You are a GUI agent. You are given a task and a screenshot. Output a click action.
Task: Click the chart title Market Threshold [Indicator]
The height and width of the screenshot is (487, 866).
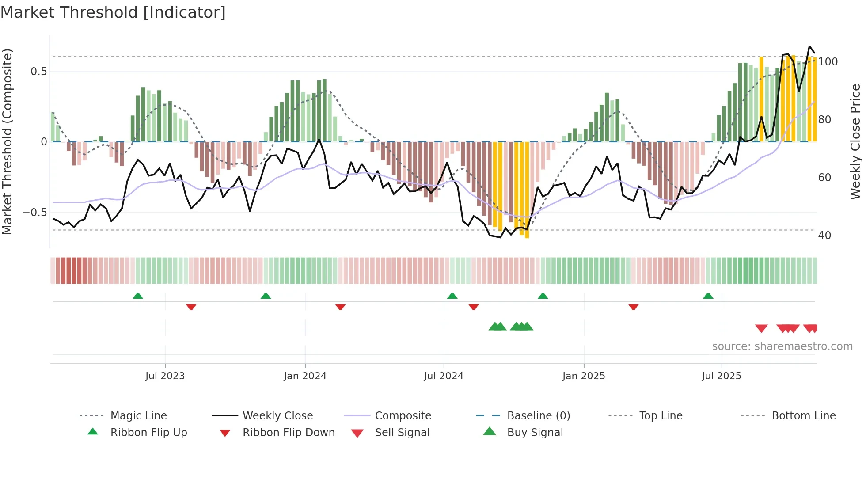pos(113,12)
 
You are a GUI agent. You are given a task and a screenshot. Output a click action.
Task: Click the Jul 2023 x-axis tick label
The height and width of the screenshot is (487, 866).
pos(165,376)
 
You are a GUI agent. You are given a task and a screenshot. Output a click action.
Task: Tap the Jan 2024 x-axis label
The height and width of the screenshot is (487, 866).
pos(305,376)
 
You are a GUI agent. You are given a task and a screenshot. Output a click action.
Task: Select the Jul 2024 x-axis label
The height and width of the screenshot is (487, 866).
pos(444,376)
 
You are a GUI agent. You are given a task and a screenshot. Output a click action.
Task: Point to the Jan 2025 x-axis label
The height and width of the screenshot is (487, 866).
pos(584,376)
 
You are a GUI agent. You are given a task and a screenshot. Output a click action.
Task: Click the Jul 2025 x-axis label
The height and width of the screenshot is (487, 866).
pos(722,376)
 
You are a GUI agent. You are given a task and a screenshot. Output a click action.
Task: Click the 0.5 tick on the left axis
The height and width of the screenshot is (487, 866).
pos(38,72)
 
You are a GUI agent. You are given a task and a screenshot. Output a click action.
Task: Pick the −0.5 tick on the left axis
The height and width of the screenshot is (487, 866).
pos(35,213)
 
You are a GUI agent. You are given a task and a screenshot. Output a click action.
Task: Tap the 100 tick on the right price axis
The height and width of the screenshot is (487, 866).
pos(828,62)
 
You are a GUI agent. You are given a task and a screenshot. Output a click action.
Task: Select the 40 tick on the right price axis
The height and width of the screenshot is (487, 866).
pos(824,236)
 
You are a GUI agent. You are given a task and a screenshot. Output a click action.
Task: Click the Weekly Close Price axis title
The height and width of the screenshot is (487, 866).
pos(855,141)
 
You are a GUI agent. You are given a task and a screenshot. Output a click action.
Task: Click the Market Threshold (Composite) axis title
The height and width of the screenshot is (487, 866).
pos(7,141)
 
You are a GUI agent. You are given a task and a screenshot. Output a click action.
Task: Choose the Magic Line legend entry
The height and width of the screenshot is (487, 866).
pos(138,416)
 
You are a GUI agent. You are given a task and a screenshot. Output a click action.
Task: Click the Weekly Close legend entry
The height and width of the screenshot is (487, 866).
pos(277,416)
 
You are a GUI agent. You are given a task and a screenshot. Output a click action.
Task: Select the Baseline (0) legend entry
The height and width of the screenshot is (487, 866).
pos(538,416)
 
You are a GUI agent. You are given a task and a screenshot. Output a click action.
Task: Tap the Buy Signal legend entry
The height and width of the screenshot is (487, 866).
pos(535,433)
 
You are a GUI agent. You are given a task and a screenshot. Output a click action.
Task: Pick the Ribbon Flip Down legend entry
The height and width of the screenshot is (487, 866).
pos(289,433)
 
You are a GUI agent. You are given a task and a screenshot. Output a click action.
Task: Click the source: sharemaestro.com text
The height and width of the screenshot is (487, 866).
pos(782,346)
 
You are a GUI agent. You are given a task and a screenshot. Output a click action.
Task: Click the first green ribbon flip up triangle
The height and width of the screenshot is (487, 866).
pos(138,296)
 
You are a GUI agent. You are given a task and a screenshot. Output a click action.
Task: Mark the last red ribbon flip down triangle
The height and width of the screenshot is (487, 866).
pos(633,307)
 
